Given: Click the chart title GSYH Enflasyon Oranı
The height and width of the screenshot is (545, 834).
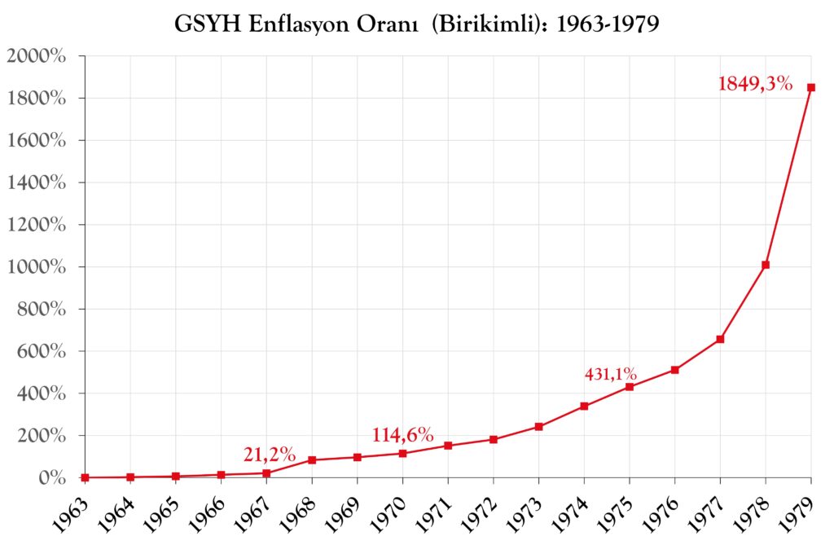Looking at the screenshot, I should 416,24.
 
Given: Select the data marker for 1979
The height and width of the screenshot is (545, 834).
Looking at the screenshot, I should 810,87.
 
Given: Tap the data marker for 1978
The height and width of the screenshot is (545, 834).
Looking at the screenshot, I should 766,265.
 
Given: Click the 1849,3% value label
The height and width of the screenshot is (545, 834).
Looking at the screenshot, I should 755,83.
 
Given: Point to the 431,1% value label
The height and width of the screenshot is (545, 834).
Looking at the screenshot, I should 611,375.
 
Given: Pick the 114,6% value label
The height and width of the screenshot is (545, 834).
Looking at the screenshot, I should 403,435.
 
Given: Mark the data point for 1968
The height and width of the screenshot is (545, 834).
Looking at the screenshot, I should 312,460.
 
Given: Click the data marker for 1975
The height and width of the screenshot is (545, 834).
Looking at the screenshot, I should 630,386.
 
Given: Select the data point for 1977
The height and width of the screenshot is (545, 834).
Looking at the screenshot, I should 720,339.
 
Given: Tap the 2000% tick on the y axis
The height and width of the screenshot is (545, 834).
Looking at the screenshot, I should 36,56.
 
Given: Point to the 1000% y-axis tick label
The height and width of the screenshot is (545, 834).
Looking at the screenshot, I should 36,267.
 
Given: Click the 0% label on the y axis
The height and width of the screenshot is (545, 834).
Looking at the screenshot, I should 50,478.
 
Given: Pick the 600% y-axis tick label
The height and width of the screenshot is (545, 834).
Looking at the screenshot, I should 41,351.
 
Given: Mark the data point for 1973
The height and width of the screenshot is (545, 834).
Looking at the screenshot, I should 538,426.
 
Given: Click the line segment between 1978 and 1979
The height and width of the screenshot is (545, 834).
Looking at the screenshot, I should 788,176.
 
